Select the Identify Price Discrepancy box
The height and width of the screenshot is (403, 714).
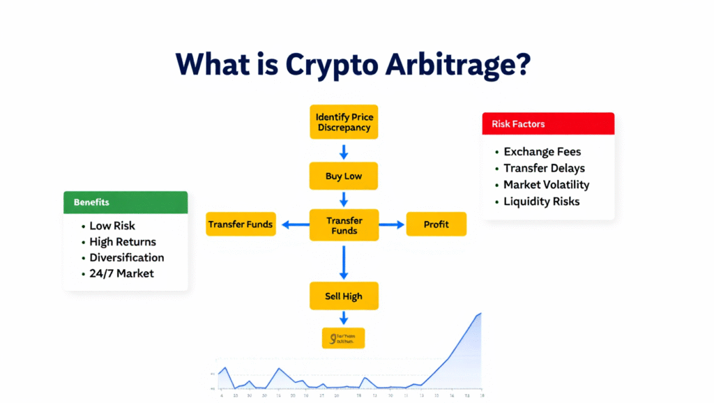[344, 122]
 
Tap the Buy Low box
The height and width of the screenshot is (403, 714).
[344, 176]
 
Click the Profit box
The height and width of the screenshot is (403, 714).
[436, 225]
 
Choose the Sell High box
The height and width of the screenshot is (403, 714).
[344, 296]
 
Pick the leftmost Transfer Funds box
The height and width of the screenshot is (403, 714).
[241, 225]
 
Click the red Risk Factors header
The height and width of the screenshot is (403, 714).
[548, 123]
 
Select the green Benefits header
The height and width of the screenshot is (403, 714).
[126, 202]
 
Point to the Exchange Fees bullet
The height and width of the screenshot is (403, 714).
[542, 151]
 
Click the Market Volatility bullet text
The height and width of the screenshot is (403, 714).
[546, 185]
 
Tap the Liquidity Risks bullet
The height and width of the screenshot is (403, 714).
[541, 201]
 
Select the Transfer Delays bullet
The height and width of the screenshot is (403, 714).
[544, 168]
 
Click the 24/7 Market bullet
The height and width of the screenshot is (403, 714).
[121, 273]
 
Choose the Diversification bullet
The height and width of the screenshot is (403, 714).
[126, 257]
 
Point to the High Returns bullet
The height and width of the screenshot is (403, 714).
[122, 242]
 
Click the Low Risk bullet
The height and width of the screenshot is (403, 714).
[112, 226]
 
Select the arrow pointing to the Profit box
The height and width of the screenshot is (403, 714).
[392, 225]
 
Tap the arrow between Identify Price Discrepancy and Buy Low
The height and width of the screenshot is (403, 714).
[344, 151]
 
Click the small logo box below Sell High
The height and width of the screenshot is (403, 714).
[344, 339]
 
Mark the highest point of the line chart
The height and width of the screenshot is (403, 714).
[480, 314]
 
